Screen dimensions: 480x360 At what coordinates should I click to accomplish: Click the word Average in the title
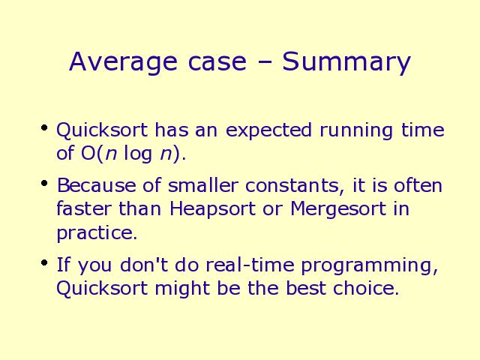coord(123,62)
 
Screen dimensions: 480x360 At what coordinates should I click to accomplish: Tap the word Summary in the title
coord(346,62)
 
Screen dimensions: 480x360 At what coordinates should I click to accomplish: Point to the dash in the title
coord(263,63)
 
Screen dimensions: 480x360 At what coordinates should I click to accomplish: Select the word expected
coord(268,130)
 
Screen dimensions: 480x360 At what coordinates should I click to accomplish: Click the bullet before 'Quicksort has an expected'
coord(44,128)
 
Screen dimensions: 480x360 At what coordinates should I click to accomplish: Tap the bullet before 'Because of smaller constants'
coord(44,183)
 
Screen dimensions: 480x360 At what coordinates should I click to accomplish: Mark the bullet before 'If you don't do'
coord(44,262)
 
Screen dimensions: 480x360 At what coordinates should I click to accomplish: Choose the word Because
coord(97,185)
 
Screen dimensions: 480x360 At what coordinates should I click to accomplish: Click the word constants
coord(295,186)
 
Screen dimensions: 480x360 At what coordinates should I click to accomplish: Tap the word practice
coord(97,233)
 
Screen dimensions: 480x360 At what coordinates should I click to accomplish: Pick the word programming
coord(370,265)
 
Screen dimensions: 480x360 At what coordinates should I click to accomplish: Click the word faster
coord(84,208)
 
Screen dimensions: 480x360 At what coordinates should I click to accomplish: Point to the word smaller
coord(202,185)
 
